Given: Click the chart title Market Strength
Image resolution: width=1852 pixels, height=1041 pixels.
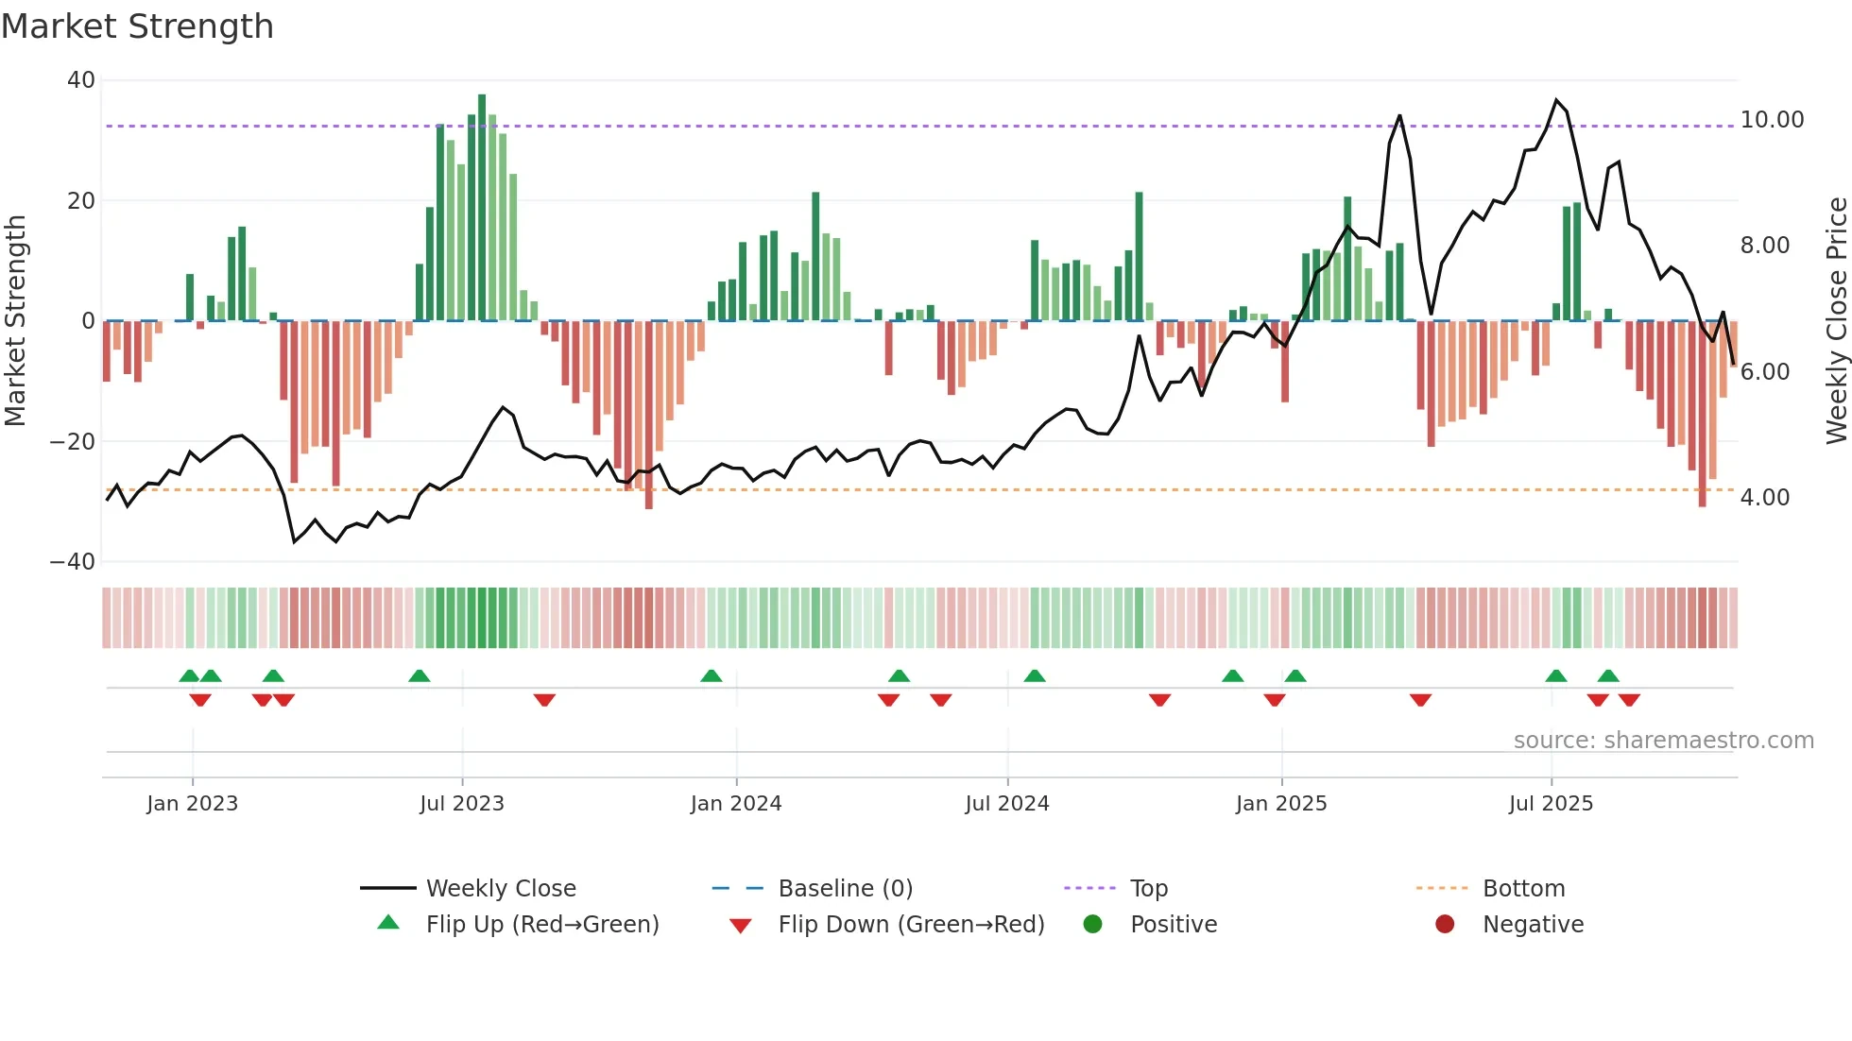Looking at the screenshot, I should pyautogui.click(x=137, y=26).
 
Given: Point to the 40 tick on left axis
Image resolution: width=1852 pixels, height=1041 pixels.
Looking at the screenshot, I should pyautogui.click(x=81, y=80).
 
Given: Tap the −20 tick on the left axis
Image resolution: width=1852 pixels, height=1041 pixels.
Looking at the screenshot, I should pyautogui.click(x=73, y=441).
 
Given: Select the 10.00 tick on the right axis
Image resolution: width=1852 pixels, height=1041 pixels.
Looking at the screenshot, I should pyautogui.click(x=1772, y=120).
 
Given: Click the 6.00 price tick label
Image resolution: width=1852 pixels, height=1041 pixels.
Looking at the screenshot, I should pyautogui.click(x=1764, y=371).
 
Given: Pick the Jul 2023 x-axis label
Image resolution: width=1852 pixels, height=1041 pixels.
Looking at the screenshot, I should pyautogui.click(x=462, y=804).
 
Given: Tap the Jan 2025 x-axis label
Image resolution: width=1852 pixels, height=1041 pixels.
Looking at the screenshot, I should pyautogui.click(x=1280, y=804).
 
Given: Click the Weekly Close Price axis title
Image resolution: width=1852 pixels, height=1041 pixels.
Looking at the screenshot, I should pyautogui.click(x=1836, y=321).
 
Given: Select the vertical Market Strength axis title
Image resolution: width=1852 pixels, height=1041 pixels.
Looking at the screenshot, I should pyautogui.click(x=15, y=321).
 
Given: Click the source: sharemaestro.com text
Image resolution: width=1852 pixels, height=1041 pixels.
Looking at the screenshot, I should pyautogui.click(x=1663, y=741).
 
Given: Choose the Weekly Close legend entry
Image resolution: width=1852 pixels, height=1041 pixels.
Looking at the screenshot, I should pyautogui.click(x=500, y=889).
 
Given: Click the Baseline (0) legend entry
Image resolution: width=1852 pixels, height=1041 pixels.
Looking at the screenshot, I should pyautogui.click(x=845, y=889).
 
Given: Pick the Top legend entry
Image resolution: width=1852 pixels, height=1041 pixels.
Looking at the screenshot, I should pyautogui.click(x=1148, y=889).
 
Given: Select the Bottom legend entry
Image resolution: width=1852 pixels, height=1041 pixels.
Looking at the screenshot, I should pyautogui.click(x=1523, y=889).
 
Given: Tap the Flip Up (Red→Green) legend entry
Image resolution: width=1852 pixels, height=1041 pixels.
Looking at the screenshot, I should pyautogui.click(x=541, y=925).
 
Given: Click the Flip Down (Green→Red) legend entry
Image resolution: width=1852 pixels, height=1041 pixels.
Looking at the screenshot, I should pyautogui.click(x=910, y=925).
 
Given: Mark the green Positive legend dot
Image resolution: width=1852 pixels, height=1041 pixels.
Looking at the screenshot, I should pyautogui.click(x=1093, y=925).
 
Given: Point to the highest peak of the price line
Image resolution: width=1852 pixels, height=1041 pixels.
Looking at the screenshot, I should pyautogui.click(x=1556, y=100).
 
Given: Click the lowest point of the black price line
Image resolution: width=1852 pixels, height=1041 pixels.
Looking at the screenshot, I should pyautogui.click(x=294, y=541).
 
